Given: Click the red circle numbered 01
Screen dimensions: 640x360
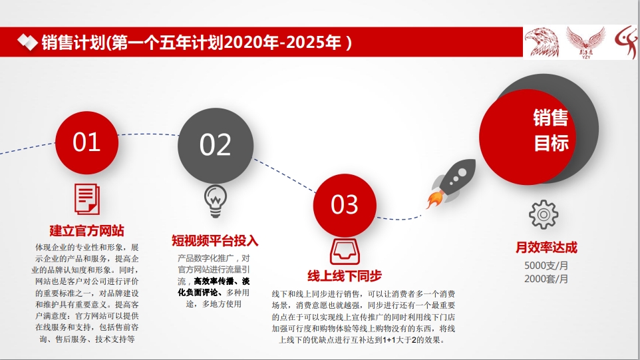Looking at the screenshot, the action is [x=86, y=142].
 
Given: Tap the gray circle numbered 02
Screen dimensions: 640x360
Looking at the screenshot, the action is [x=216, y=145].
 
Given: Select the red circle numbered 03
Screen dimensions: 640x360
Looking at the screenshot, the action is [x=345, y=205].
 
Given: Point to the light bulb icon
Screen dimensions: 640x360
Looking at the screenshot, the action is [x=216, y=201].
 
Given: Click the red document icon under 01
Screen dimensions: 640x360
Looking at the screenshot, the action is [x=87, y=199].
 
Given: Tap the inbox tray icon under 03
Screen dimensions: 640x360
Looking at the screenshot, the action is [x=345, y=252].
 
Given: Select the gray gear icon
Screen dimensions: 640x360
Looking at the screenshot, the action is [x=544, y=214].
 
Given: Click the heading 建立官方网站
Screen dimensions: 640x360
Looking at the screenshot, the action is [x=87, y=231].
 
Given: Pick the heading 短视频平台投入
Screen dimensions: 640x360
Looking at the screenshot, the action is [x=215, y=241].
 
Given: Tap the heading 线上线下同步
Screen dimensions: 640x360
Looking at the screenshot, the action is [x=345, y=276].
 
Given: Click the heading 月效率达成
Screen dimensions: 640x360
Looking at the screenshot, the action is [x=547, y=248].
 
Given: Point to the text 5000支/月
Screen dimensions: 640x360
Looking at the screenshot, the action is [x=546, y=266].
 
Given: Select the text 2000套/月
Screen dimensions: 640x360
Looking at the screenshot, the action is [x=546, y=279].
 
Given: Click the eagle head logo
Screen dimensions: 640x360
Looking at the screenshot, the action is [x=542, y=42].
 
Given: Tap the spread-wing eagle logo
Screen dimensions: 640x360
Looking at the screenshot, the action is [x=585, y=43].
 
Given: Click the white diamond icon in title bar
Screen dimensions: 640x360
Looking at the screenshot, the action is [x=27, y=42].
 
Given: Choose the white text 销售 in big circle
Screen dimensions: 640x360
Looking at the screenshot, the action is [x=551, y=118].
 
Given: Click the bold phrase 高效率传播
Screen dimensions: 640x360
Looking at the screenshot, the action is [x=214, y=281].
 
